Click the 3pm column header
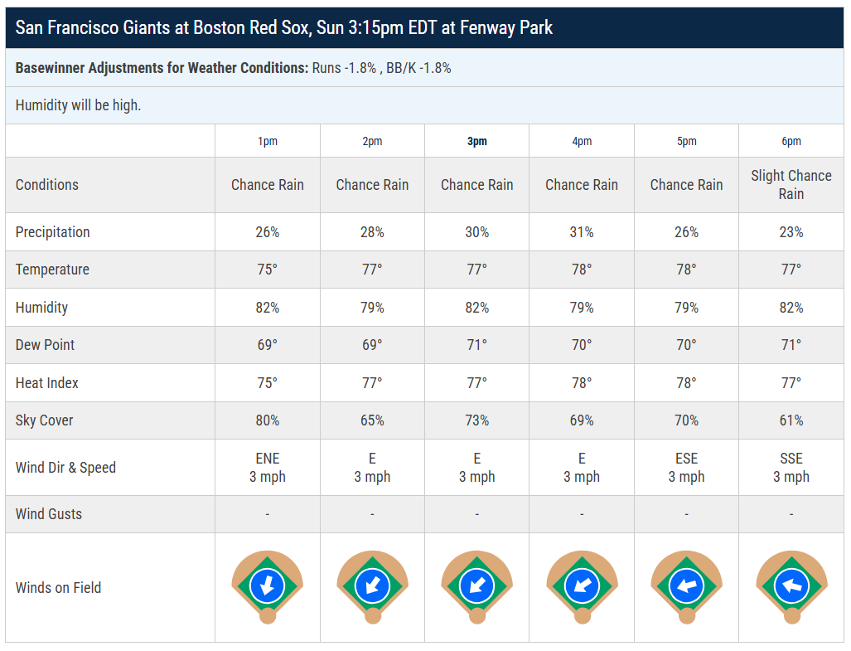tap(476, 142)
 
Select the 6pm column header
tap(791, 142)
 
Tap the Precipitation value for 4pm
tap(581, 232)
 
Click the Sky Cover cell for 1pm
tap(267, 420)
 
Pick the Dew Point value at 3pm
tap(476, 345)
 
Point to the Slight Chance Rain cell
tap(791, 185)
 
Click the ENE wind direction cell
tap(267, 468)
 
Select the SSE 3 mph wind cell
tap(791, 468)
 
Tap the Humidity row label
tap(41, 308)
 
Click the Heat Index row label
tap(46, 383)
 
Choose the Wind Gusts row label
tap(49, 513)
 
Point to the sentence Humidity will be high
tap(78, 105)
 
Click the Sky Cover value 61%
tap(791, 420)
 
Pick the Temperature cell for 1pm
tap(267, 270)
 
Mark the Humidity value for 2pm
tap(372, 308)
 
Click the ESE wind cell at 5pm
tap(686, 468)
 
